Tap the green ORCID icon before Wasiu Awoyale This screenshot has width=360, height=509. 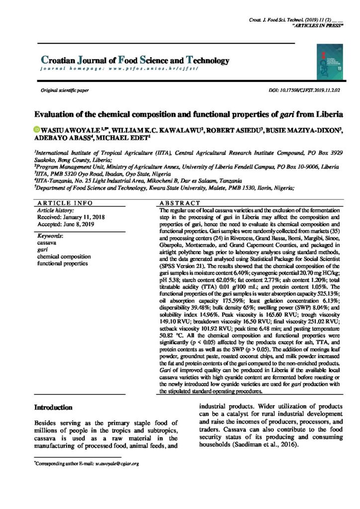(x=36, y=130)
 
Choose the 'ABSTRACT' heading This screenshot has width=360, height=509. (x=180, y=204)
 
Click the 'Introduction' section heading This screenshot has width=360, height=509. (x=53, y=407)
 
